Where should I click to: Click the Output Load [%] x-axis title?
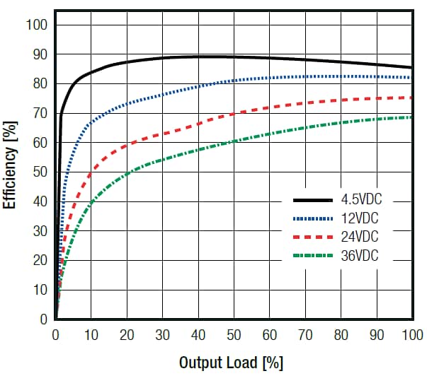point(231,363)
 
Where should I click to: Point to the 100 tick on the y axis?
point(37,25)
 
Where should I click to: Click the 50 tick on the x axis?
point(234,334)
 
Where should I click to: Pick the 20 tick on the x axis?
point(127,334)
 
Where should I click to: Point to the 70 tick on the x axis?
point(306,334)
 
